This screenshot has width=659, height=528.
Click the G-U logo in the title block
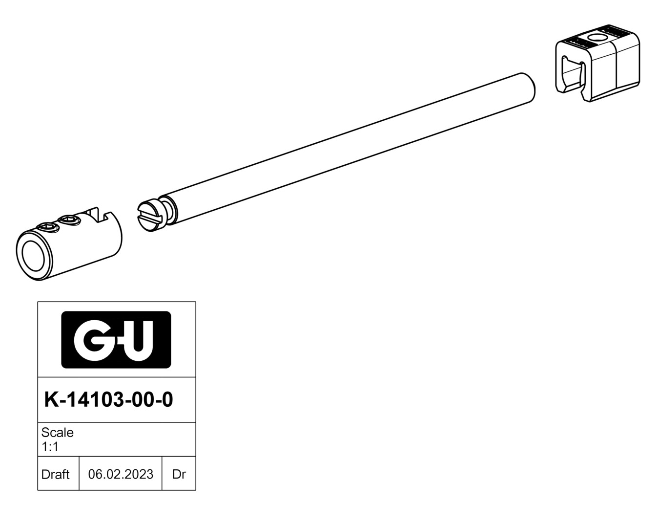pos(116,340)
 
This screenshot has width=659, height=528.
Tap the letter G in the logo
pos(90,340)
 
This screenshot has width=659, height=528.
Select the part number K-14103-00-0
pos(109,399)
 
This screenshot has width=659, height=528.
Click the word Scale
pos(58,433)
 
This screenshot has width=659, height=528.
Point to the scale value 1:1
pos(50,447)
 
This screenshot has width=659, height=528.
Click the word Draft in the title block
pos(56,474)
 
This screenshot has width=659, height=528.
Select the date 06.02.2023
pos(121,474)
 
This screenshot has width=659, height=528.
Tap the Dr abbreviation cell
pos(179,474)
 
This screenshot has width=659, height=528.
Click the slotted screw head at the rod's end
pos(150,216)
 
